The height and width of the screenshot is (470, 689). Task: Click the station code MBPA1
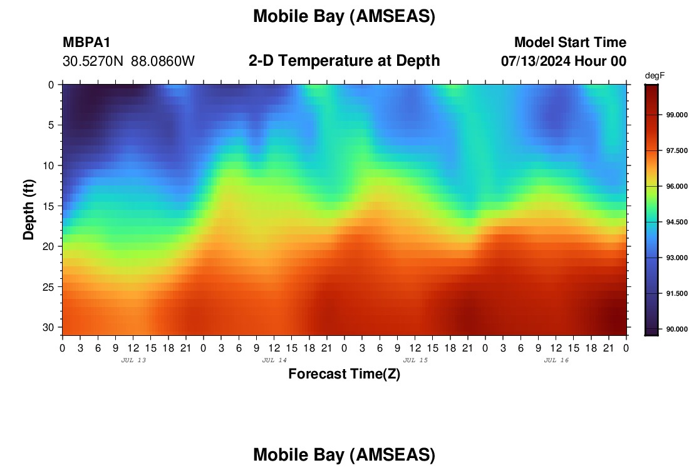click(86, 42)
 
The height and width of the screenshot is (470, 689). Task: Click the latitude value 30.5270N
click(93, 61)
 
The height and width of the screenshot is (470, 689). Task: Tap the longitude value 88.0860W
click(163, 61)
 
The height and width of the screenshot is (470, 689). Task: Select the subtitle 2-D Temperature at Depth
click(344, 61)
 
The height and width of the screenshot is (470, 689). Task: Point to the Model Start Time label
click(571, 42)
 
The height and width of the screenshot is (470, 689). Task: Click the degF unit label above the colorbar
click(655, 76)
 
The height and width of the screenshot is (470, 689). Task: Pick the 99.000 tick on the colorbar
click(676, 115)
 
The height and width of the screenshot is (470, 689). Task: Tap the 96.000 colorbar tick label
click(676, 186)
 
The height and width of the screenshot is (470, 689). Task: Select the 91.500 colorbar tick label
click(676, 294)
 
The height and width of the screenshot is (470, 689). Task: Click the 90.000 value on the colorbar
click(676, 329)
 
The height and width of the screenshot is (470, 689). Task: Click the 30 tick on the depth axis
click(49, 328)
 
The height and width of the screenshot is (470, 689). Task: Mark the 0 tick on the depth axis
click(51, 85)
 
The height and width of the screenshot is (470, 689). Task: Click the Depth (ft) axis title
click(29, 210)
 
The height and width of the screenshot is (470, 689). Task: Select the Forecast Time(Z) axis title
click(344, 374)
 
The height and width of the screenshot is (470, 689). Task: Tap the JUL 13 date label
click(133, 360)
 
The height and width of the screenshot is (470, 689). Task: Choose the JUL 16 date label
click(556, 360)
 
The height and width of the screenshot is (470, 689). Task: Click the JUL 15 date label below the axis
click(415, 360)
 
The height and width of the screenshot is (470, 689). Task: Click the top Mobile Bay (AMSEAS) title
click(344, 17)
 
